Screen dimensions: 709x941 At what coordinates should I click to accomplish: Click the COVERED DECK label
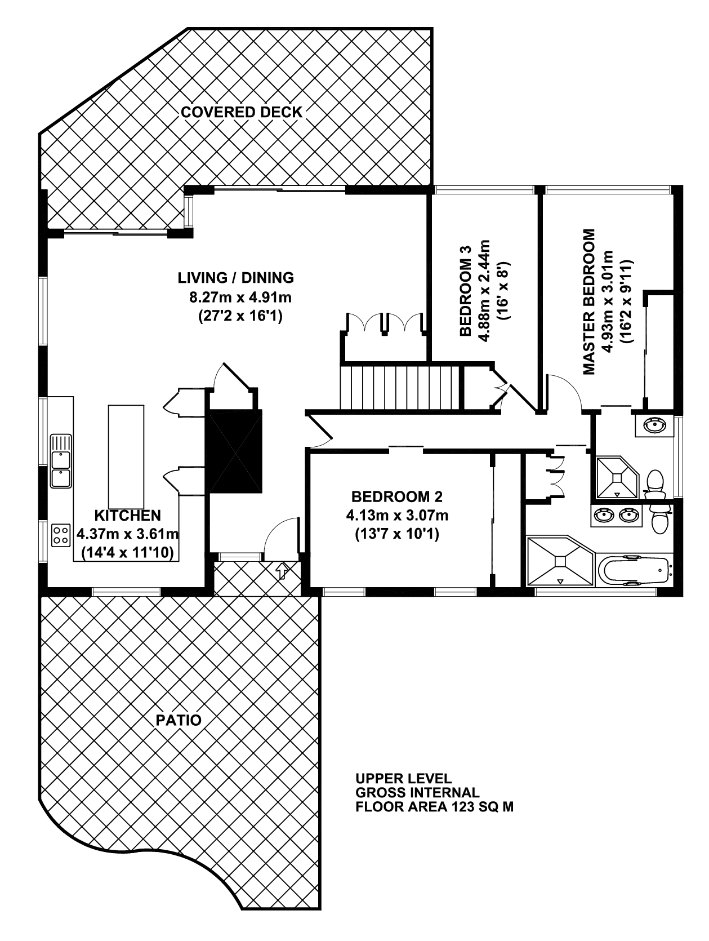click(241, 112)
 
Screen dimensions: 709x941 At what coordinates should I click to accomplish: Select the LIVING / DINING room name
click(235, 277)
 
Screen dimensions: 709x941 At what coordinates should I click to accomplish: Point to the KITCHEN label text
click(127, 515)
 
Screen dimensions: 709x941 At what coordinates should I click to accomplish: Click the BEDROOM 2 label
click(396, 496)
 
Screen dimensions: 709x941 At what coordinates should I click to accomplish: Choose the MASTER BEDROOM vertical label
click(590, 302)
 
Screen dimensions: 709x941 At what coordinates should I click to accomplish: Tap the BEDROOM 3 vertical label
click(465, 291)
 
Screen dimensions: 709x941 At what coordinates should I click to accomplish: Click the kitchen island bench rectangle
click(126, 456)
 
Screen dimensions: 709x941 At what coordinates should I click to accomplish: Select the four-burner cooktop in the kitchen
click(61, 535)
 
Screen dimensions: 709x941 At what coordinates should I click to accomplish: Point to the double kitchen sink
click(61, 461)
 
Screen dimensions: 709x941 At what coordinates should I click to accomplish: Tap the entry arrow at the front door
click(282, 571)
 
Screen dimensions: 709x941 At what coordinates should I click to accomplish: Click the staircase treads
click(400, 387)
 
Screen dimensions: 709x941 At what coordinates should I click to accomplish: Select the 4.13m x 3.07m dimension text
click(397, 515)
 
